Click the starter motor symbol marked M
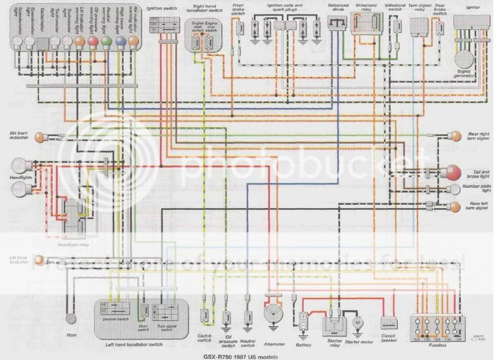358,322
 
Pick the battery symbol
303,321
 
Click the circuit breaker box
388,323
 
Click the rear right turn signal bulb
456,136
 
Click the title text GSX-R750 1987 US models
241,355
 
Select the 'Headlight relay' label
73,244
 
